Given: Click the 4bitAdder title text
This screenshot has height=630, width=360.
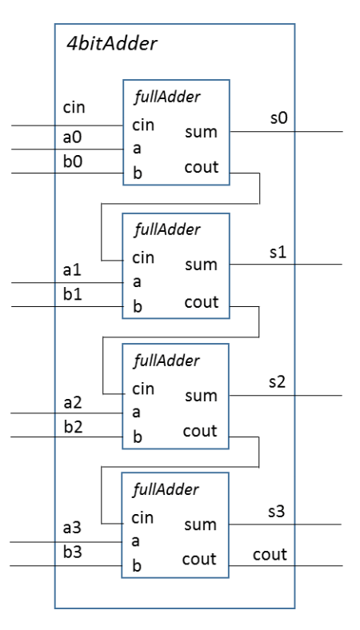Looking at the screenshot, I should [111, 44].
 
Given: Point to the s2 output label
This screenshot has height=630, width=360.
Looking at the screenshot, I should [277, 381].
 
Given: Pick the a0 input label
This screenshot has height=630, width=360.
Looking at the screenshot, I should [72, 138].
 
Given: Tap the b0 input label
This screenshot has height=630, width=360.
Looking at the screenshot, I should [72, 161].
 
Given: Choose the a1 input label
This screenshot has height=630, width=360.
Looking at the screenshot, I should [72, 270].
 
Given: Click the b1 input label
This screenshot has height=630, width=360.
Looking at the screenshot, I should [72, 293].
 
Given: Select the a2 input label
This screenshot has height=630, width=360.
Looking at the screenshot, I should [72, 401].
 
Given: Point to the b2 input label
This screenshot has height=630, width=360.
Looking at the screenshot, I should [72, 425].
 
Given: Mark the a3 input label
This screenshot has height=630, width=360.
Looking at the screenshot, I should [72, 529].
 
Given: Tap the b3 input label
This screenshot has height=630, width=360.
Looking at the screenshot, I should [72, 553].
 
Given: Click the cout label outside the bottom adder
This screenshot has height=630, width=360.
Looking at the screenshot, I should [270, 554].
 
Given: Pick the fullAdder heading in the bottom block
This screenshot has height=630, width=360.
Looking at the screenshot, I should [165, 489].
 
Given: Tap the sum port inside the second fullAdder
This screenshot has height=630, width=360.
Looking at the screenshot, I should [200, 265].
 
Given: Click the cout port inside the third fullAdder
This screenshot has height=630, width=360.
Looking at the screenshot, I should [200, 432].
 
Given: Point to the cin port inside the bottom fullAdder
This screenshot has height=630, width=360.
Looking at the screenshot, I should [143, 518].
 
